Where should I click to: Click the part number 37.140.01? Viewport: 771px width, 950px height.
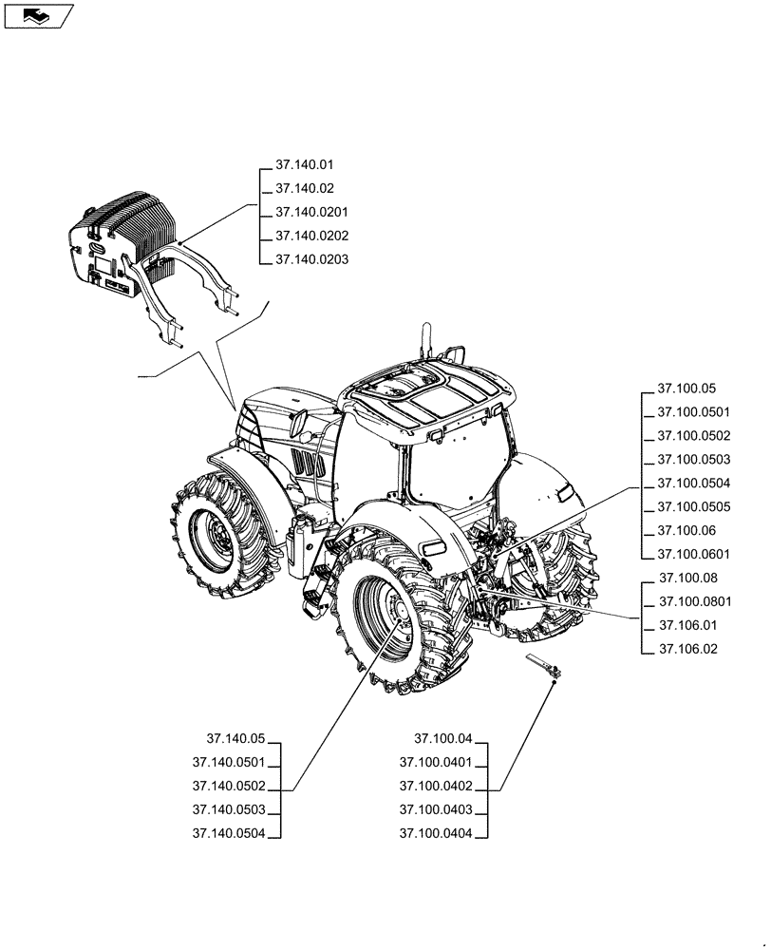304,165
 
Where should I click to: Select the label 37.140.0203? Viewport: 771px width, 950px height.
311,259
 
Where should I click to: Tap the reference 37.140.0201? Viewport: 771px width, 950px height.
311,212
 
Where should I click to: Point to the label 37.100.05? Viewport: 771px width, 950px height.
686,389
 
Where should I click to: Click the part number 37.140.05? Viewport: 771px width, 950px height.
235,739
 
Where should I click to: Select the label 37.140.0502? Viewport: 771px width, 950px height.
228,787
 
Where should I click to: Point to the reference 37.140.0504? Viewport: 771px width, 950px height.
228,834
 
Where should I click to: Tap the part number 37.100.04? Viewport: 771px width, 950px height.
442,739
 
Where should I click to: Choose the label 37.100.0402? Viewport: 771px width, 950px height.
436,787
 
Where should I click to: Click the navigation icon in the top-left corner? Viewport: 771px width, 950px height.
38,15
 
